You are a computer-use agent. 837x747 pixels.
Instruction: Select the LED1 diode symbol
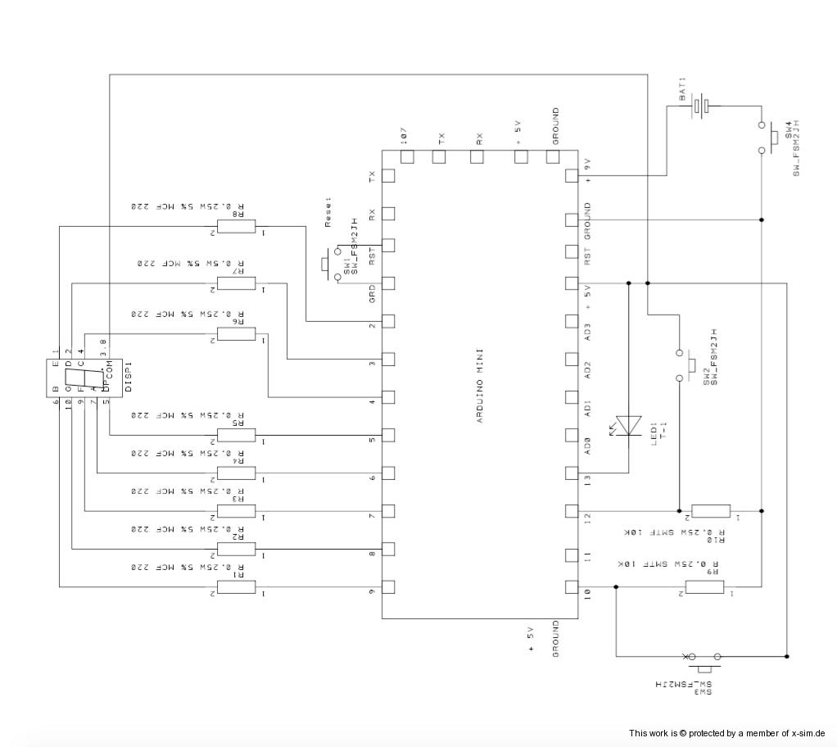629,423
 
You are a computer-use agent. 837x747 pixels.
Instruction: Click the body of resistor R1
236,586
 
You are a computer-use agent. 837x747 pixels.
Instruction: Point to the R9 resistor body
704,586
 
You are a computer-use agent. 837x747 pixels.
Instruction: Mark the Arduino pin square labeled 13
572,473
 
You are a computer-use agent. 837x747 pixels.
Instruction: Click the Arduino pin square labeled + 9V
572,174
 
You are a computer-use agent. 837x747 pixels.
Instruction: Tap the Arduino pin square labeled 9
388,586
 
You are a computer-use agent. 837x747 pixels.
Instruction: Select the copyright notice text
726,733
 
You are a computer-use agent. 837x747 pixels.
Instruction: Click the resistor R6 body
236,334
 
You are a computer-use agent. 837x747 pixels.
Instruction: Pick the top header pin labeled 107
406,156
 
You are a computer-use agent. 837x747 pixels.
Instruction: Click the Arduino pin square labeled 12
572,511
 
